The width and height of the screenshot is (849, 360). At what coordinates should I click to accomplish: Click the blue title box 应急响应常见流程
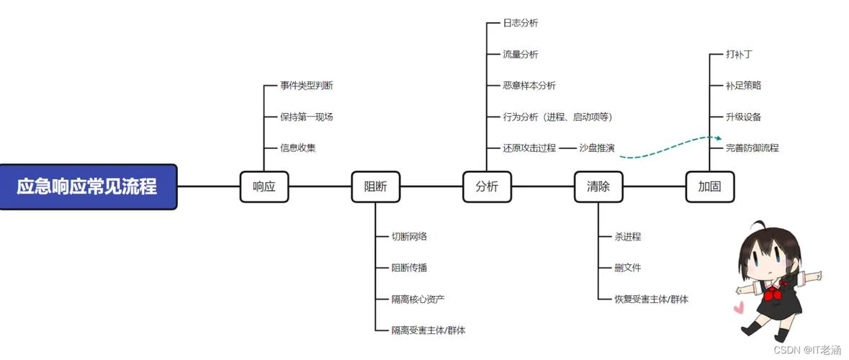(x=88, y=186)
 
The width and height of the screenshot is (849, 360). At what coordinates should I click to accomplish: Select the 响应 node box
(x=264, y=186)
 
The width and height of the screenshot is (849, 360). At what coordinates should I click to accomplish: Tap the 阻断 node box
(x=375, y=186)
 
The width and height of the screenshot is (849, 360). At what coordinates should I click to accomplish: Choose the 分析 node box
(x=487, y=186)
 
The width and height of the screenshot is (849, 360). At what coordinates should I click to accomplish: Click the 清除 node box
(x=598, y=186)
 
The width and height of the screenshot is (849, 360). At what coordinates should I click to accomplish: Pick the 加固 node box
(x=709, y=186)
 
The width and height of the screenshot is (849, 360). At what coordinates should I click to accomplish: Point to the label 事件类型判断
(x=307, y=86)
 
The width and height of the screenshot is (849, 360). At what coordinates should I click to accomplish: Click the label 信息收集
(x=298, y=148)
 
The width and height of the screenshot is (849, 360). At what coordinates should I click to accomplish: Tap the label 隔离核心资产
(x=423, y=299)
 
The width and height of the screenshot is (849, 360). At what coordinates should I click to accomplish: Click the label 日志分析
(x=521, y=23)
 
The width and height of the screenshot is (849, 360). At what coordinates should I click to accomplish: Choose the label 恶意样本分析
(x=529, y=86)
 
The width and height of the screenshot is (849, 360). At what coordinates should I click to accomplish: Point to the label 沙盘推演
(x=597, y=148)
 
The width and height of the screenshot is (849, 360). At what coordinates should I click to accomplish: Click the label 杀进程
(x=627, y=236)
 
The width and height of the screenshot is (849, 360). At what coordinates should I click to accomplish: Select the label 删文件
(x=627, y=268)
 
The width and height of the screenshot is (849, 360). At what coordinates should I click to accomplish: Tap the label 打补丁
(x=740, y=54)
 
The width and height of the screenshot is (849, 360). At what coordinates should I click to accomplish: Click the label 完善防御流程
(x=753, y=148)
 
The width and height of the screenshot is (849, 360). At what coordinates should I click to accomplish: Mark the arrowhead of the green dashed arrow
(x=718, y=137)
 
